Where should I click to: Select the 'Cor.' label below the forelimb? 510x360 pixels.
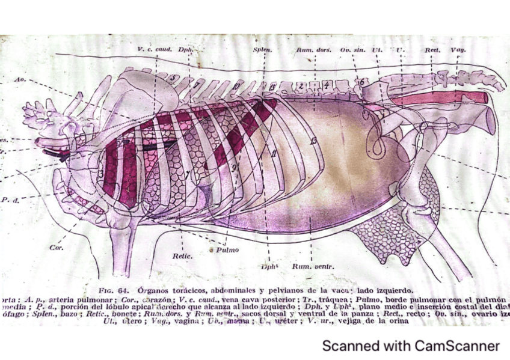coord(56,246)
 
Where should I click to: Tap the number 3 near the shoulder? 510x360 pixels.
coord(102,174)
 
